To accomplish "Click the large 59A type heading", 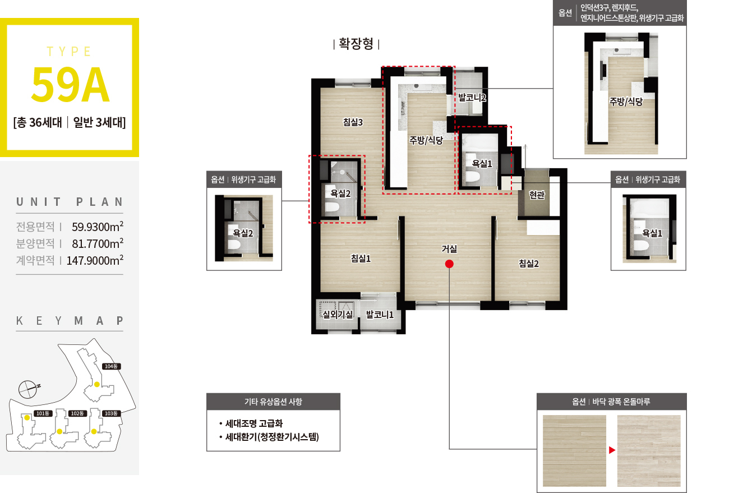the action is (70, 85).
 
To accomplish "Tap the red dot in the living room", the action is (449, 264).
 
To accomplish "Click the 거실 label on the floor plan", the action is (449, 249).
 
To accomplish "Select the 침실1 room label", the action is (361, 259).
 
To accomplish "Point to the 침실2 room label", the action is (528, 263).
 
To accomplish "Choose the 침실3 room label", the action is (353, 122).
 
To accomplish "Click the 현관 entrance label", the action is (537, 195).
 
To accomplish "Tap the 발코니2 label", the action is (472, 97).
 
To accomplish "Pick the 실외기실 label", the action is (338, 314).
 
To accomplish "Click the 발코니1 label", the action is (380, 314).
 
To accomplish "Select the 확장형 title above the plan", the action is (356, 44).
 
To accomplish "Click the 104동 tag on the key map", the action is (111, 366).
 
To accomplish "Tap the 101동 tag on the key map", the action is (43, 413).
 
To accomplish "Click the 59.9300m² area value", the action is (98, 227).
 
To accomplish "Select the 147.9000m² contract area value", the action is (95, 260).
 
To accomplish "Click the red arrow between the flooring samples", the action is (612, 450).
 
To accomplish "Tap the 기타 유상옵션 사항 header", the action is (274, 402).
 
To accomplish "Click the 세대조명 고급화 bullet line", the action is (251, 423).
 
